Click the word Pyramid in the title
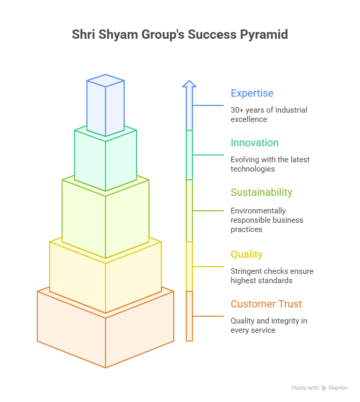tap(264, 35)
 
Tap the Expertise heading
tap(252, 94)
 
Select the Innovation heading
tap(254, 143)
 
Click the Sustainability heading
tap(261, 193)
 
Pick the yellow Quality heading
tap(246, 255)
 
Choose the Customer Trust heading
tap(266, 304)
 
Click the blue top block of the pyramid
tap(106, 105)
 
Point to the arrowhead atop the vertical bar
tap(189, 84)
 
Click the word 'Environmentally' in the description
tap(258, 211)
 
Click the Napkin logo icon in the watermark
tap(324, 388)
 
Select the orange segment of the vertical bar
tap(189, 316)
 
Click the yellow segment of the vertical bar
tap(189, 267)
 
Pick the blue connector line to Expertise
tap(208, 105)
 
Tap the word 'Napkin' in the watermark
tap(338, 388)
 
